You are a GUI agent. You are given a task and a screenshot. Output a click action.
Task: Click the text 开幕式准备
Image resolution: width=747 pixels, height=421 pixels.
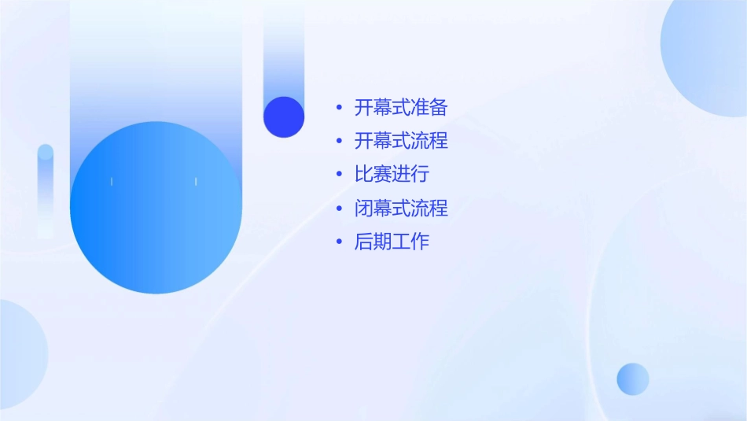tap(401, 107)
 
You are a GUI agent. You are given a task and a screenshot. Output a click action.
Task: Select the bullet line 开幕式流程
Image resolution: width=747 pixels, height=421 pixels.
tap(401, 141)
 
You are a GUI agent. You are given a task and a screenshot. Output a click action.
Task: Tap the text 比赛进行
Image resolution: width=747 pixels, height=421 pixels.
tap(392, 174)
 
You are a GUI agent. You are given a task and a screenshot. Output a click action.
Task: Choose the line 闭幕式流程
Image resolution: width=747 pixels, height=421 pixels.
tap(401, 209)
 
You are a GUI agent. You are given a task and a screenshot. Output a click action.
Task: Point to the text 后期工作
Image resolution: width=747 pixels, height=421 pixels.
tap(392, 242)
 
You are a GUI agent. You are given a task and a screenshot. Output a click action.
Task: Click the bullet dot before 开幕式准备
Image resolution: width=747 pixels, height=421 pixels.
tap(339, 107)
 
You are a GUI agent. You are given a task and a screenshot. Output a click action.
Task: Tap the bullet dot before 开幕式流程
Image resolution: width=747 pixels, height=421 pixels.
tap(339, 141)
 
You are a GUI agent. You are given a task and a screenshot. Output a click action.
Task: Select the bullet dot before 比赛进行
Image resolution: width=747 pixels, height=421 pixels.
tap(339, 174)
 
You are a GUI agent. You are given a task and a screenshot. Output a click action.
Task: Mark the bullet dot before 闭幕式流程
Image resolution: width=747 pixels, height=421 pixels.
tap(339, 209)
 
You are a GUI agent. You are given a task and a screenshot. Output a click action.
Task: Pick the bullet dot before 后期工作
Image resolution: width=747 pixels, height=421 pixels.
tap(339, 242)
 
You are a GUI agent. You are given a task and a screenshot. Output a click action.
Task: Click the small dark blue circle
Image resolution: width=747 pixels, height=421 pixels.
tap(284, 116)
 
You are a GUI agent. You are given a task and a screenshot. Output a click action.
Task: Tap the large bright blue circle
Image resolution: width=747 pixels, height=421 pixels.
tap(156, 208)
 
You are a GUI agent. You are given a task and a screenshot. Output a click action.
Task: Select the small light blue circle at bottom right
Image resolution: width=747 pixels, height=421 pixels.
tap(633, 379)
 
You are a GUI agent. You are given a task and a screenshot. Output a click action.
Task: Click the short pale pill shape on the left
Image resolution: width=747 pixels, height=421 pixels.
tap(46, 189)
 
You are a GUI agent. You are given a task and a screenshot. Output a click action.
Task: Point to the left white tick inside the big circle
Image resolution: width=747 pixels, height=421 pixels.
tap(112, 182)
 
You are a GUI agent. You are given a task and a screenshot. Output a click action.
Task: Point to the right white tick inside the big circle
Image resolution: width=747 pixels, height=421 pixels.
tap(196, 182)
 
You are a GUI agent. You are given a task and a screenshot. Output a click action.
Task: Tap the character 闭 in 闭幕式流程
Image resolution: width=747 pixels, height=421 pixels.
tap(363, 209)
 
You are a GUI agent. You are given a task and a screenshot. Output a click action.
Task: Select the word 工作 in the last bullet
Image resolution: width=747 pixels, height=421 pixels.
tap(410, 242)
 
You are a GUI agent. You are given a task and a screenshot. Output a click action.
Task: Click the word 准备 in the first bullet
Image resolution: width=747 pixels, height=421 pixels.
tap(429, 107)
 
